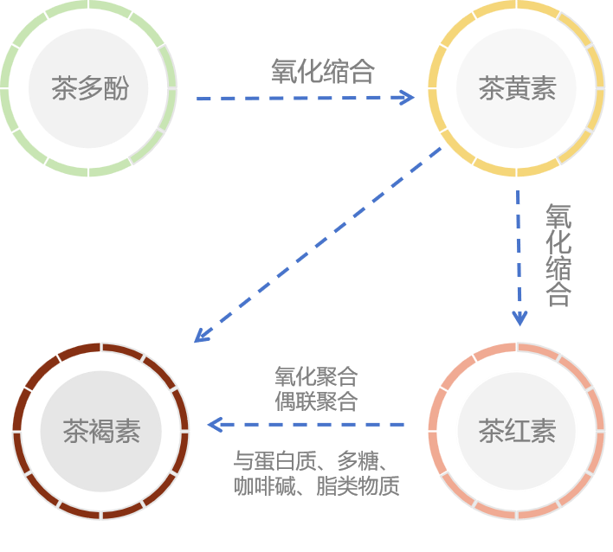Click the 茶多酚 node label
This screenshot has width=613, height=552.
89,89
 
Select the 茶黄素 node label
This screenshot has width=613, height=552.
517,89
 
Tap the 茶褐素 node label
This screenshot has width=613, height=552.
101,430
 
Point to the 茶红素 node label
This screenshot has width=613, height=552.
517,430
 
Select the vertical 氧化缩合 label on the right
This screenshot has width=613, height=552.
558,255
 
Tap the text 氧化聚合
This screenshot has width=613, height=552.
315,377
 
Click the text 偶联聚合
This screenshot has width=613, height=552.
315,401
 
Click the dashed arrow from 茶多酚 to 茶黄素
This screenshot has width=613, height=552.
303,98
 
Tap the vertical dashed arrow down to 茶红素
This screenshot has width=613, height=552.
519,251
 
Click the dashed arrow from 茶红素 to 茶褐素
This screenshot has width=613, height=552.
307,425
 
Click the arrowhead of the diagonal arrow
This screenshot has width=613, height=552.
200,335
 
